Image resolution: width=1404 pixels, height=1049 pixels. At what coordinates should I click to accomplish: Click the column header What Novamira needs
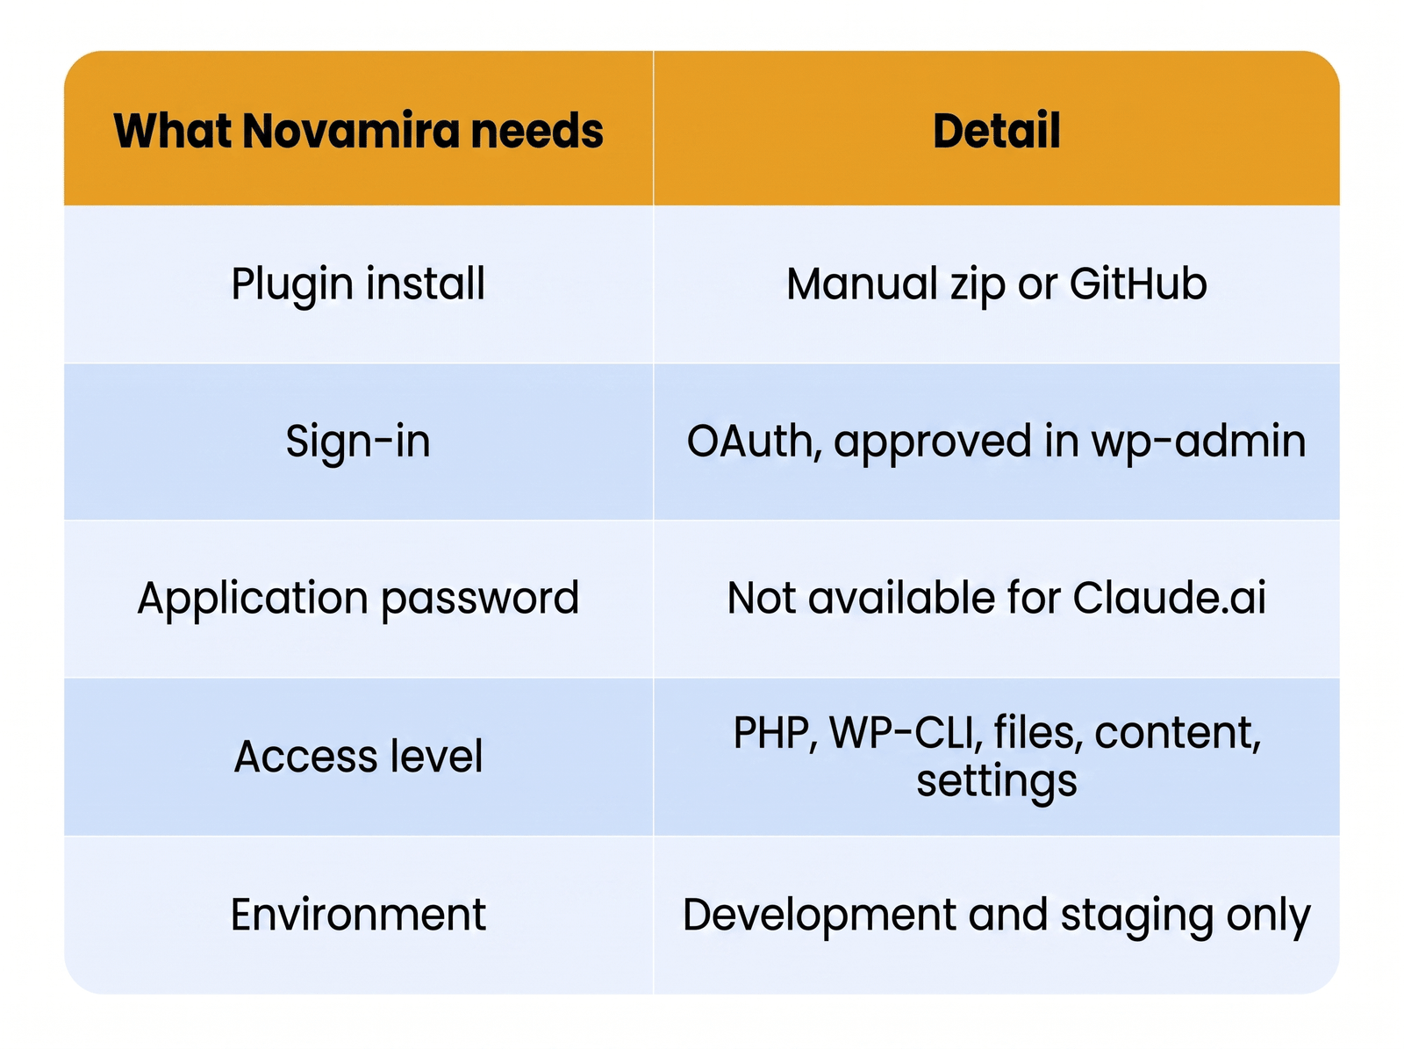tap(358, 131)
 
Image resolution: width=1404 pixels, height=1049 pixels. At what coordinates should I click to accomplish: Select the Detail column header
tap(996, 131)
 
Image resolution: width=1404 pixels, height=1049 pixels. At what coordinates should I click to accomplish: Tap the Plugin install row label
tap(358, 284)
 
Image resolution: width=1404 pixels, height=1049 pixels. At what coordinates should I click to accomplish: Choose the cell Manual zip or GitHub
tap(997, 284)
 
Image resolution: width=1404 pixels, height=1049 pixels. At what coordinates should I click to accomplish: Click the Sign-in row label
tap(358, 442)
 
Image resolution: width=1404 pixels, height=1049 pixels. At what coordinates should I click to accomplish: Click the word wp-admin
tap(1198, 442)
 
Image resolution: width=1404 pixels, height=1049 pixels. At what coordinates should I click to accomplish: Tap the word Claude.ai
tap(1169, 598)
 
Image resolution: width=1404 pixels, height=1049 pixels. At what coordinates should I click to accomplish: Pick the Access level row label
tap(358, 756)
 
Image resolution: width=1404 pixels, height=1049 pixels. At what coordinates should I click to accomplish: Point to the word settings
tap(997, 782)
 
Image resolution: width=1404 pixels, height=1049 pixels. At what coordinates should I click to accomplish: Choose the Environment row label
tap(358, 914)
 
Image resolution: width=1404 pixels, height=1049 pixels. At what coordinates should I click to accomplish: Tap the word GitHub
tap(1138, 284)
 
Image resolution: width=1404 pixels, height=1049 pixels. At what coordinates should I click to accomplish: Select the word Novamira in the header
tap(351, 131)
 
